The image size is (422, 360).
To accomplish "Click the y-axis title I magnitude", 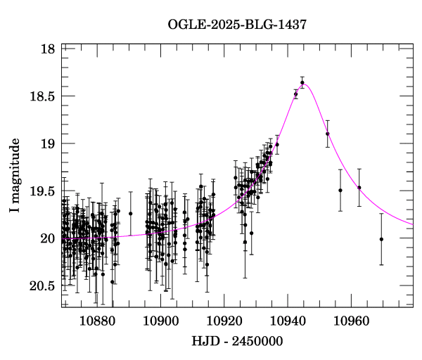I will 15,176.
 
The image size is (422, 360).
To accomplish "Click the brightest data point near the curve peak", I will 302,83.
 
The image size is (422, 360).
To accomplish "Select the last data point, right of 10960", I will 381,239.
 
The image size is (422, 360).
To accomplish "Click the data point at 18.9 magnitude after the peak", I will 327,134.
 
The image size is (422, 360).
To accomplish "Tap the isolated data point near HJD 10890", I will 130,214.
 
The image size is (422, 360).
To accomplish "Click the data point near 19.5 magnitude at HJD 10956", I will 340,190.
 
